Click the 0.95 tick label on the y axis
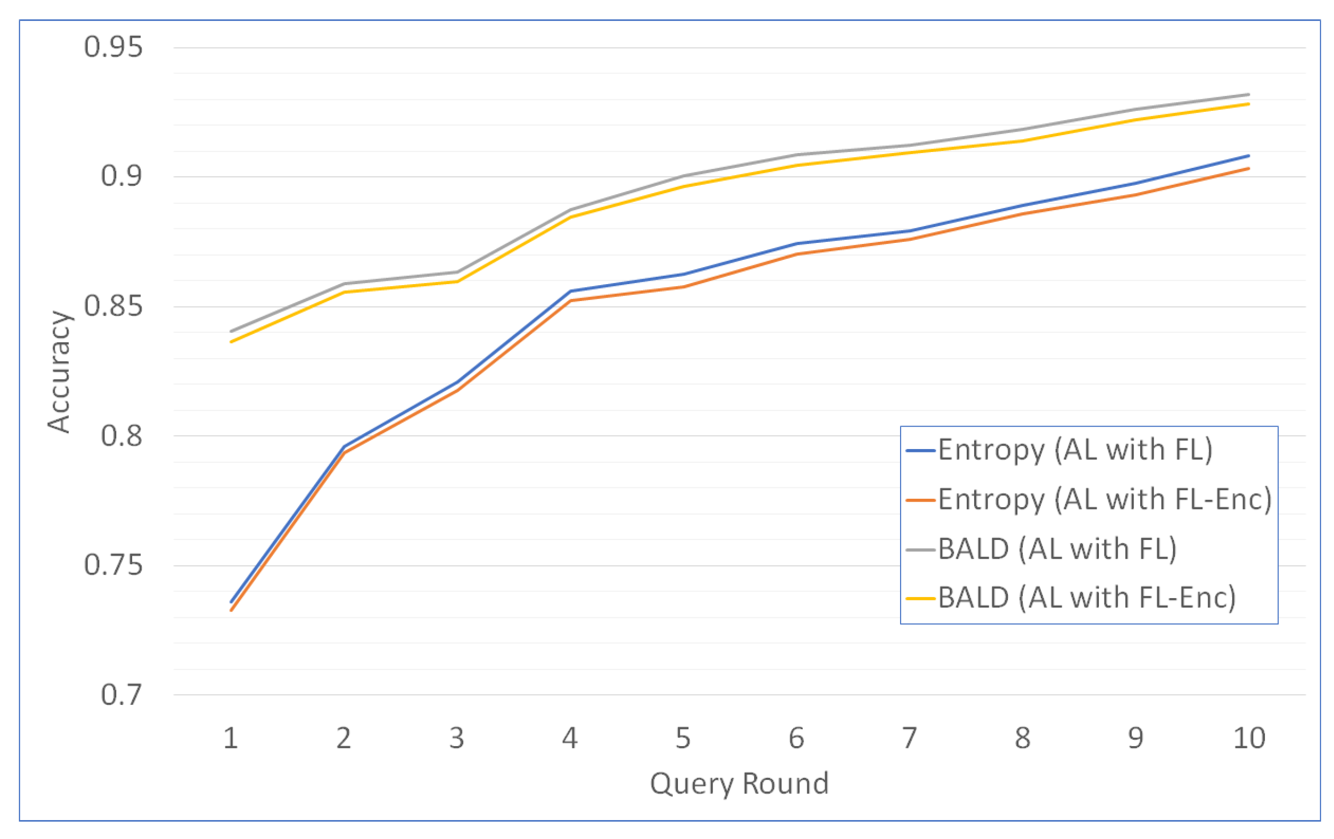click(x=113, y=47)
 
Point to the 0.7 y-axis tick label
click(x=121, y=694)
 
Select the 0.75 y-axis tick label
click(x=113, y=565)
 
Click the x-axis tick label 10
click(x=1249, y=738)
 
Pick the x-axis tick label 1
click(x=231, y=738)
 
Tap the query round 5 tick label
click(x=683, y=738)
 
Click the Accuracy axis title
click(x=59, y=372)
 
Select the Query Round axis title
click(x=739, y=784)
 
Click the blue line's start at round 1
click(x=231, y=602)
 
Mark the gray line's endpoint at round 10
click(x=1249, y=94)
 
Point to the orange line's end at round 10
click(x=1249, y=168)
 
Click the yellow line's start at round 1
click(x=231, y=342)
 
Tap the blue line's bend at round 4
click(x=571, y=291)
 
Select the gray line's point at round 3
click(x=458, y=272)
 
